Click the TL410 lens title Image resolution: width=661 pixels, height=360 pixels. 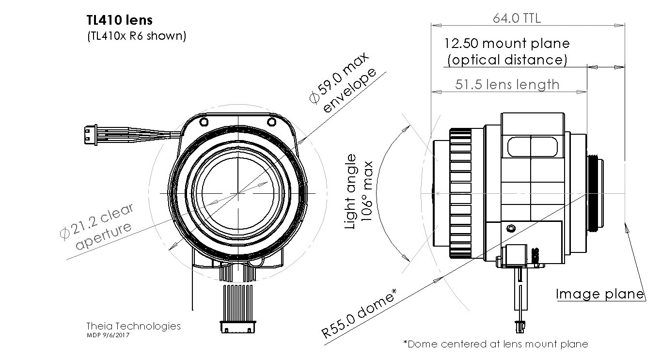pos(119,20)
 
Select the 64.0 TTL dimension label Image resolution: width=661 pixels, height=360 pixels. pos(517,19)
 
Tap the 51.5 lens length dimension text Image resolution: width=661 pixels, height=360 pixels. pos(507,85)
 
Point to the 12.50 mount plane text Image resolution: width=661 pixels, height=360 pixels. pos(507,44)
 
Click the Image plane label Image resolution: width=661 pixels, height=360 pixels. pos(600,294)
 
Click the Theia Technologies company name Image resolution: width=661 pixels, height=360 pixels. pos(133,326)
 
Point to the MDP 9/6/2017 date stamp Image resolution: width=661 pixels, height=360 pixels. pos(108,335)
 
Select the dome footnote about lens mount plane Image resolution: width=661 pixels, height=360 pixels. pos(496,344)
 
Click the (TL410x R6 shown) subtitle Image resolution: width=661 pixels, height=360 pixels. pos(136,36)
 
